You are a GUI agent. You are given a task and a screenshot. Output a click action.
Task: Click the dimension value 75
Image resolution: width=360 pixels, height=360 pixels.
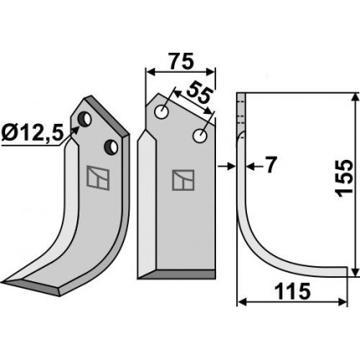click(x=181, y=61)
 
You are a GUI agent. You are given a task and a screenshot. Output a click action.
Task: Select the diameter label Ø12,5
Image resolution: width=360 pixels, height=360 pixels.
click(x=31, y=134)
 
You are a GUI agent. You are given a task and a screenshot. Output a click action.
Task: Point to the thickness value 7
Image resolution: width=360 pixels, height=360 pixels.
click(x=270, y=165)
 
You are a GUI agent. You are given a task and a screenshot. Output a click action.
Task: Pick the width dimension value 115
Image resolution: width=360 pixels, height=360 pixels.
click(x=292, y=291)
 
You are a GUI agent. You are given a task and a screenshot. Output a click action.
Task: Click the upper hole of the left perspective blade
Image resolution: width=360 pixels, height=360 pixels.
click(x=85, y=119)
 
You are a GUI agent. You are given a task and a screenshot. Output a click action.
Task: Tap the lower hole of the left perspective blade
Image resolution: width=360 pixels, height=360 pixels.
click(x=111, y=147)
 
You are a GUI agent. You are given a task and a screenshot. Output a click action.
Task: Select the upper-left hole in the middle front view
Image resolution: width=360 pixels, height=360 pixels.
click(x=162, y=112)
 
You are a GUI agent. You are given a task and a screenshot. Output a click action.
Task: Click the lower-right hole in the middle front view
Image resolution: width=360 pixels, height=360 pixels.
click(x=200, y=136)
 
